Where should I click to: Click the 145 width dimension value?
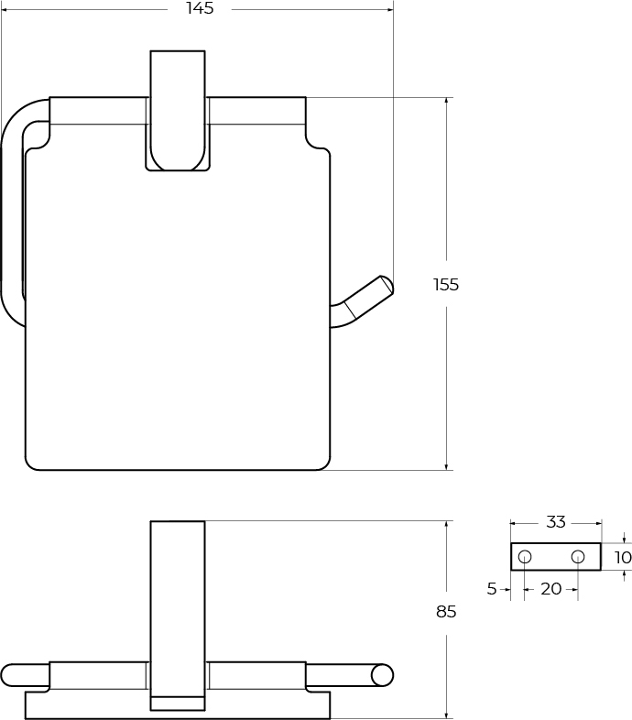[200, 9]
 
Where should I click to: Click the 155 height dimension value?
[446, 285]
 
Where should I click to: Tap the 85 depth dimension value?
[446, 612]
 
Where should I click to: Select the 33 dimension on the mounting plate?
[556, 522]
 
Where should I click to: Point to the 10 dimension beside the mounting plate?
[623, 558]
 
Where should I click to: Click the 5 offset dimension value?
[492, 589]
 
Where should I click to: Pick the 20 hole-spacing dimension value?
[551, 589]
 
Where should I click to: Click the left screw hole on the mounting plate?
[525, 557]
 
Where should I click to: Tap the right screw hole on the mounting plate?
[578, 557]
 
